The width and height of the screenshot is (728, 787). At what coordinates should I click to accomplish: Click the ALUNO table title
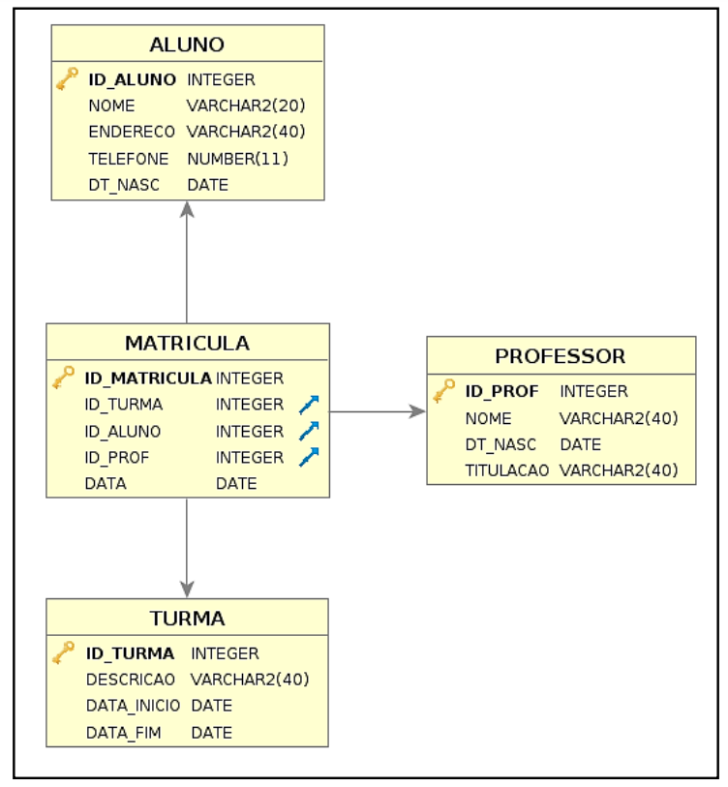coord(187,45)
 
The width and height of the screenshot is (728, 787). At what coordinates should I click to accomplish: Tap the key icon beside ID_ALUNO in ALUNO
coord(67,78)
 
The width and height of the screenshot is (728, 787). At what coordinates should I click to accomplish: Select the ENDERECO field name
coord(132,132)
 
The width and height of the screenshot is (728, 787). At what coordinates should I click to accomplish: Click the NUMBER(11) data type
coord(238,159)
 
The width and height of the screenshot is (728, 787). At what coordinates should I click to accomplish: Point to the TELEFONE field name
coord(129,159)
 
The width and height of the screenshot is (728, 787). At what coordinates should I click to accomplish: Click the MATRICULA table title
coord(187,344)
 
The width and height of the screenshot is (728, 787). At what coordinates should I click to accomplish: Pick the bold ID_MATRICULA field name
coord(148,378)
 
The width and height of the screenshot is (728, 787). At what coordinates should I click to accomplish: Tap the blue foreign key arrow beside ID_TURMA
coord(309,405)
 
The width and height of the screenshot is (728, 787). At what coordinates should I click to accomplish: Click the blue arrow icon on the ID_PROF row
coord(309,457)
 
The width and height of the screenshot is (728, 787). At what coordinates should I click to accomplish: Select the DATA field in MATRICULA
coord(106,483)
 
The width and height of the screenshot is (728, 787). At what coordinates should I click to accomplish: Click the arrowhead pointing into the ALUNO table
coord(187,209)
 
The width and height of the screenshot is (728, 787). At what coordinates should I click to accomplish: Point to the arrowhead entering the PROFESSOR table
coord(417,411)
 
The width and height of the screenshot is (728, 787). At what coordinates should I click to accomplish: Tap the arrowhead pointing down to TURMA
coord(187,590)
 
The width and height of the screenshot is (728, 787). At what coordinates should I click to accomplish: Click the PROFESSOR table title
coord(561,356)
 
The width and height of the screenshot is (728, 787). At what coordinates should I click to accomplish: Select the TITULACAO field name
coord(507,470)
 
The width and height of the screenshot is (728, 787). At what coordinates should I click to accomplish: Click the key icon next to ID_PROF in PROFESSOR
coord(443,390)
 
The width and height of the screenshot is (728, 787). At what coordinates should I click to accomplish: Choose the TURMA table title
coord(187,619)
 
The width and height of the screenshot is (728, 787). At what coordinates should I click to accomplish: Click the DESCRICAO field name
coord(131,680)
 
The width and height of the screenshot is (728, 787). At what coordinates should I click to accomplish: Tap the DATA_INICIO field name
coord(133,706)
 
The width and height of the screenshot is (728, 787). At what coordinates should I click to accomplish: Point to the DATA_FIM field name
coord(124,733)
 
